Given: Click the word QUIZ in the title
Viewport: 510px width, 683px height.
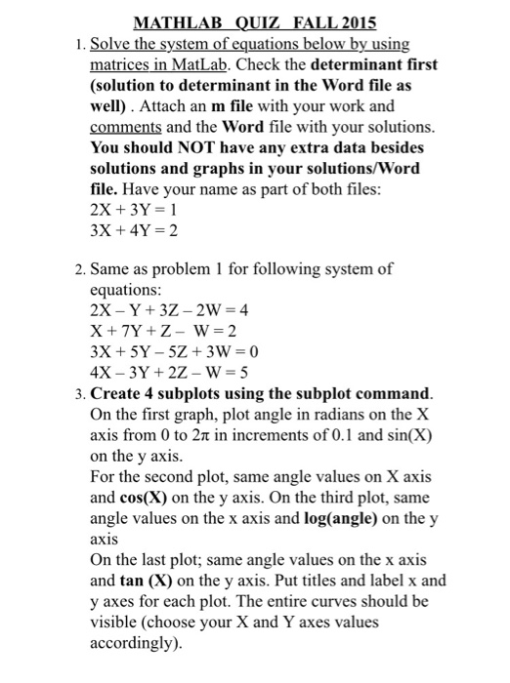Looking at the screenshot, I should (x=262, y=23).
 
